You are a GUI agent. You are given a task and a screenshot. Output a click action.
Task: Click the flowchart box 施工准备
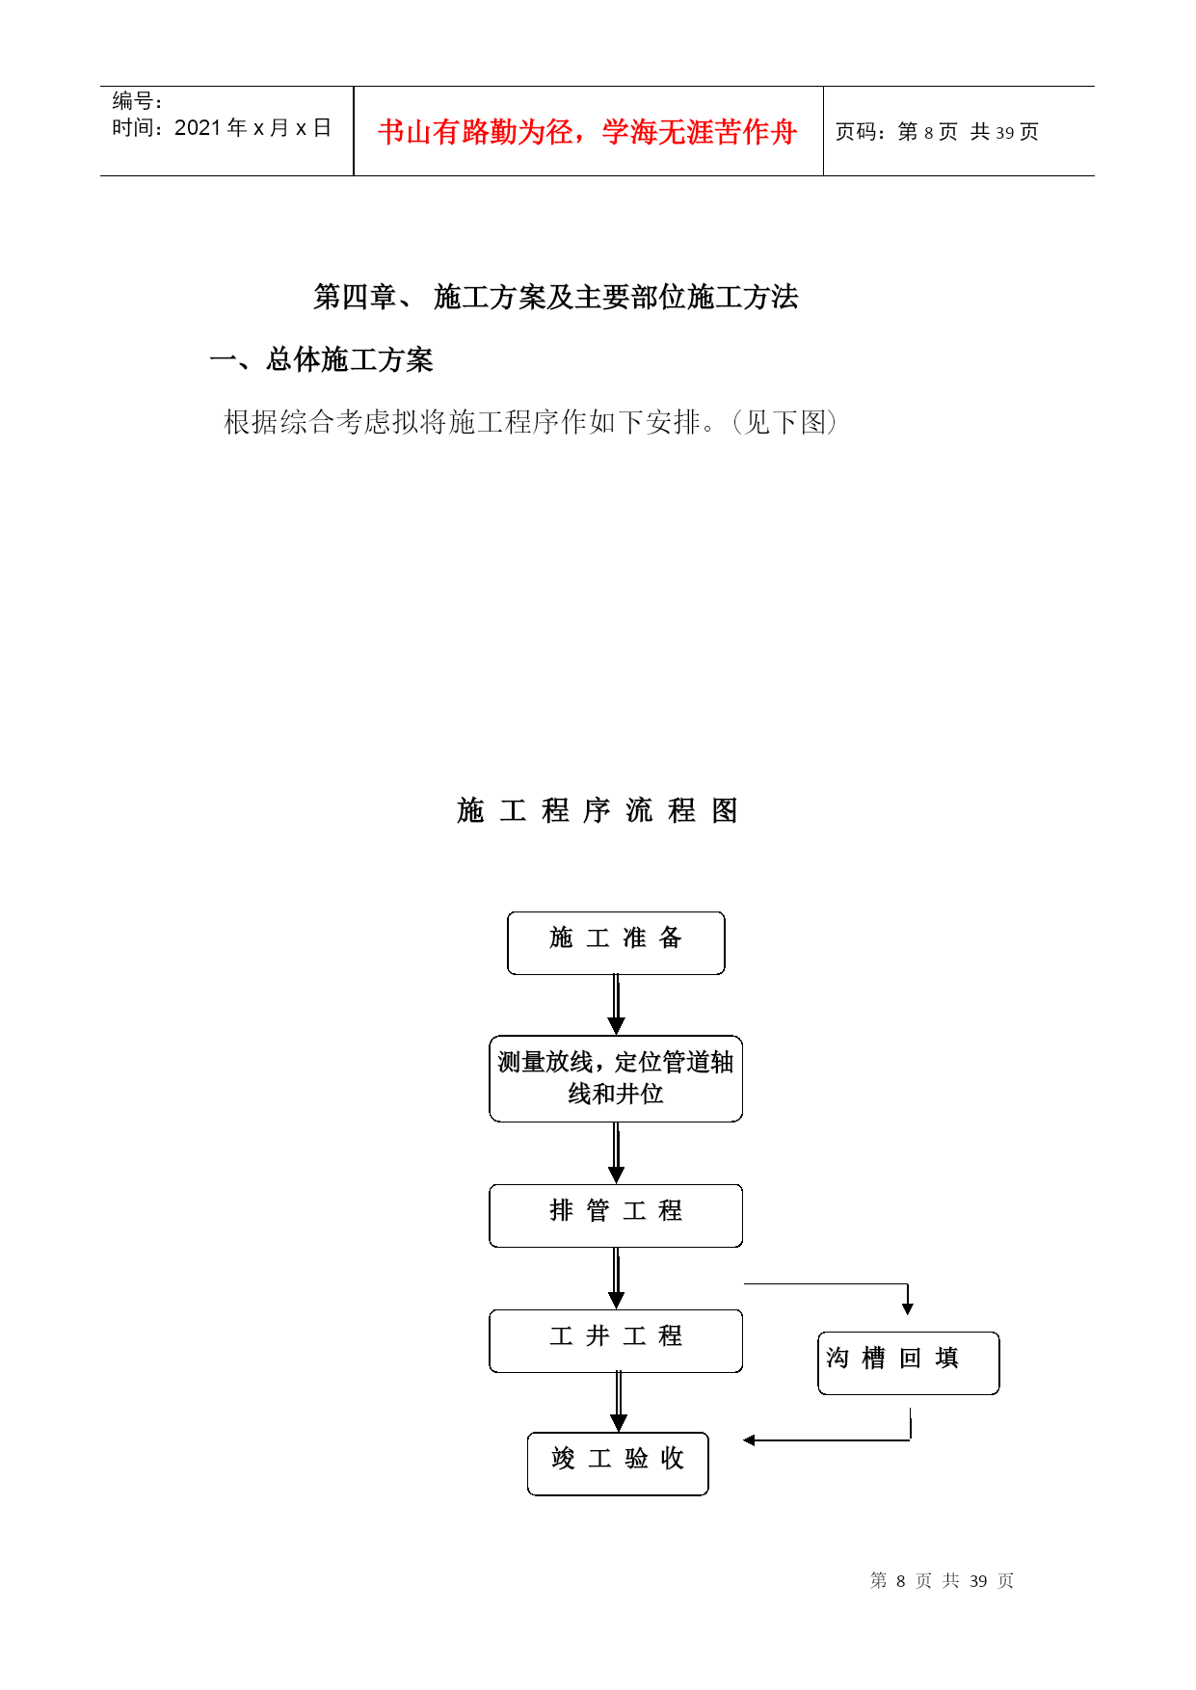(x=616, y=942)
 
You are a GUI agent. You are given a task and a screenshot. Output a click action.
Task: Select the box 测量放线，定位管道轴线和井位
(x=616, y=1078)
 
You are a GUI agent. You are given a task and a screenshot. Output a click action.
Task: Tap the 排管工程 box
(x=616, y=1216)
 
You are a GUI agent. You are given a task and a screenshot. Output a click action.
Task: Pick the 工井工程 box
(x=616, y=1341)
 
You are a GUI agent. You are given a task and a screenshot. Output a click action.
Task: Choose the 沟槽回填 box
(x=909, y=1363)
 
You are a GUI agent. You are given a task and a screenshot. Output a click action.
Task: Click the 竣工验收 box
(x=618, y=1464)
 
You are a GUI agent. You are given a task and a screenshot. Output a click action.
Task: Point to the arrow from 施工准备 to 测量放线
(x=617, y=1005)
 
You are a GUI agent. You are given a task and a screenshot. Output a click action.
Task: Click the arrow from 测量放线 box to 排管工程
(x=617, y=1153)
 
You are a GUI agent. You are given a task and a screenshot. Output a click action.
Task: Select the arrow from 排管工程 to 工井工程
(x=617, y=1279)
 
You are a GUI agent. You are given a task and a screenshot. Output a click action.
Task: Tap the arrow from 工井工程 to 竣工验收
(x=619, y=1403)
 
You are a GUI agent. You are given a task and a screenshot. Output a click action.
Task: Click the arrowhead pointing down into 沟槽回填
(x=908, y=1309)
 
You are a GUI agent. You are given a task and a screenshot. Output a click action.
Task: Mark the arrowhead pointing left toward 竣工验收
(x=749, y=1440)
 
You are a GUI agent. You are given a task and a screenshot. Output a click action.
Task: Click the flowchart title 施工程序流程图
(x=598, y=810)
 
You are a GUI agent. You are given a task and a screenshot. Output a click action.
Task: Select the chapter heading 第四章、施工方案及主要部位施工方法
(x=556, y=297)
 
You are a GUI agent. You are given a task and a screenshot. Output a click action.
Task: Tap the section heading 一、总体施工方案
(x=321, y=359)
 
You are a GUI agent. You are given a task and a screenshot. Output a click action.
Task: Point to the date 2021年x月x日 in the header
(x=253, y=128)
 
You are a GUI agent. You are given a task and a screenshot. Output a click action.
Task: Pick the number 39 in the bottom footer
(x=978, y=1581)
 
